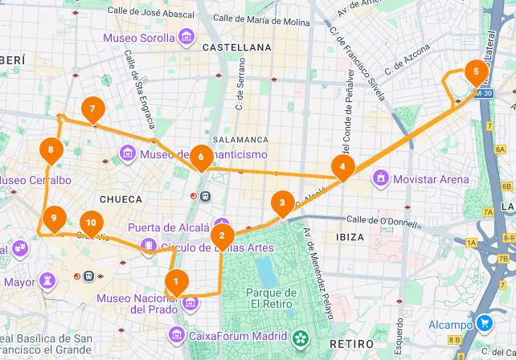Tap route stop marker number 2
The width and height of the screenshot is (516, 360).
(221, 236)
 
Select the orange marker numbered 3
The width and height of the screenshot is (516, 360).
(282, 202)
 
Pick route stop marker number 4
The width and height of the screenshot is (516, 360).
(343, 167)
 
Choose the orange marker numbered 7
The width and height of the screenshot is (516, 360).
(93, 108)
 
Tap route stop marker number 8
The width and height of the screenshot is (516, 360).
(51, 149)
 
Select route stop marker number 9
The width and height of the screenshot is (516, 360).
(54, 218)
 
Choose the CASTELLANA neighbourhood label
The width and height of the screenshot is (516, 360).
(237, 48)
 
